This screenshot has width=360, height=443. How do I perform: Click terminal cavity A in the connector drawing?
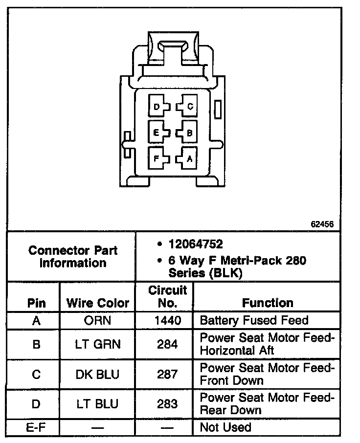(x=187, y=158)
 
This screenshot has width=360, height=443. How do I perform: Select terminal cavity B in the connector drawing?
(x=187, y=132)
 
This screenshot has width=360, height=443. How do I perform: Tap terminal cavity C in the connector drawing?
(x=187, y=106)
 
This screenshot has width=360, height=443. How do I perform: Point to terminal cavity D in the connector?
(x=158, y=106)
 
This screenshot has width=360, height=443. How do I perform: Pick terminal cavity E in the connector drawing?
(x=158, y=132)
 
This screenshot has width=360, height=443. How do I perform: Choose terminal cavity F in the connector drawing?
(x=158, y=158)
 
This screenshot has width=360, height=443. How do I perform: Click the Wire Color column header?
(x=97, y=303)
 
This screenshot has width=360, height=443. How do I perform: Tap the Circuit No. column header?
(x=168, y=297)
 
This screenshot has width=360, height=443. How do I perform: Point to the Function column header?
(x=268, y=303)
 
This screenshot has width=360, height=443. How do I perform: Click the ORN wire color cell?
(x=97, y=321)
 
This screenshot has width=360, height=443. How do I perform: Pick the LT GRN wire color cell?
(x=97, y=345)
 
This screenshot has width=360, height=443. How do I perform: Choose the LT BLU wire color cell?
(x=97, y=404)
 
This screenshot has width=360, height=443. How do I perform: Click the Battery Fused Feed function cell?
(x=254, y=321)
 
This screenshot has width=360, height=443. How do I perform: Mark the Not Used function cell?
(x=225, y=427)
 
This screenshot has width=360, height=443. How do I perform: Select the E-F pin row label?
(x=36, y=427)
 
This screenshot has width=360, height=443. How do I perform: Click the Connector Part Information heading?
(x=73, y=257)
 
